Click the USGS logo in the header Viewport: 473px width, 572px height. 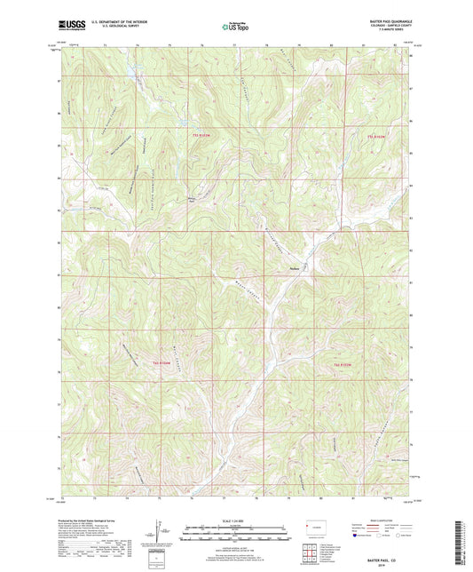tap(69, 25)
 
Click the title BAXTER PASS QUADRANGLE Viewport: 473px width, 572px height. tap(381, 20)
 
